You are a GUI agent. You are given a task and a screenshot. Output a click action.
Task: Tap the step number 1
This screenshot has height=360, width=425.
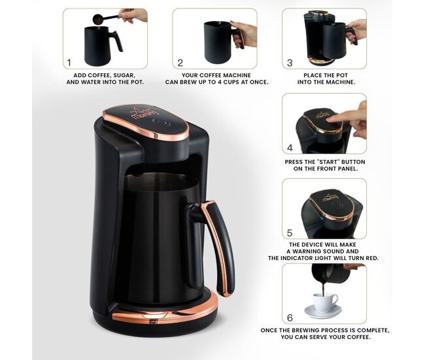[x=69, y=63]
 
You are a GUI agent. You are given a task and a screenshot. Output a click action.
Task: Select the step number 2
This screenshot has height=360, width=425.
[x=180, y=63]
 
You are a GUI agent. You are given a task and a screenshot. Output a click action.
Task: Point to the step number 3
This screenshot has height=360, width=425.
[x=290, y=63]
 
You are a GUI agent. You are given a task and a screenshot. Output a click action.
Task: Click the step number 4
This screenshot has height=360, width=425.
[x=290, y=148]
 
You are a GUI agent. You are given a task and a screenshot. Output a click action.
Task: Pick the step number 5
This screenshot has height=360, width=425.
[x=290, y=233]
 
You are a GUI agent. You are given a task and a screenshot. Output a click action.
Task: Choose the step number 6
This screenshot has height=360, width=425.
[x=290, y=318]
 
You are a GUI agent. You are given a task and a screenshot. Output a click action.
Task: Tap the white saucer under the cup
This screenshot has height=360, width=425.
[x=323, y=312]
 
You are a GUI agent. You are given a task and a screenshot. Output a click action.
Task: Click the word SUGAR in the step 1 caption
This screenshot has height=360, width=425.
[x=124, y=75]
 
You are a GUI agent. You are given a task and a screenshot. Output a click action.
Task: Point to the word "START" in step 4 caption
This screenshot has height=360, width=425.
[x=326, y=162]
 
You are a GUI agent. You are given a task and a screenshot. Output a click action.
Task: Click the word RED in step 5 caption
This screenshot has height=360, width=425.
[x=371, y=258]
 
